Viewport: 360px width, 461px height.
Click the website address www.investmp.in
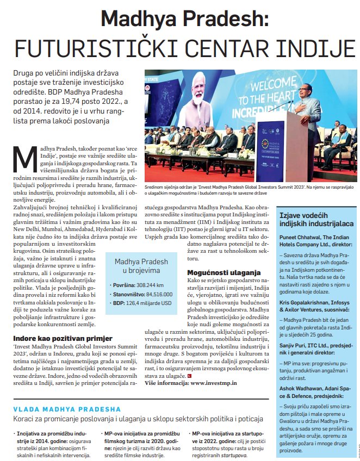pyautogui.click(x=213, y=383)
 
